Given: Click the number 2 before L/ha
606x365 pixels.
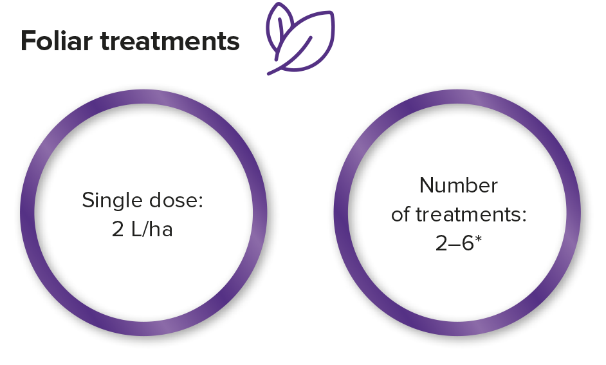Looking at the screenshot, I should click(118, 229).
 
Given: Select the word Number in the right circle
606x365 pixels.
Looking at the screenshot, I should click(459, 186).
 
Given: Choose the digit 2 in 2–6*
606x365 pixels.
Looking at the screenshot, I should click(441, 244).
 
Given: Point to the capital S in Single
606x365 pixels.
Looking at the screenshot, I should click(88, 201).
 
